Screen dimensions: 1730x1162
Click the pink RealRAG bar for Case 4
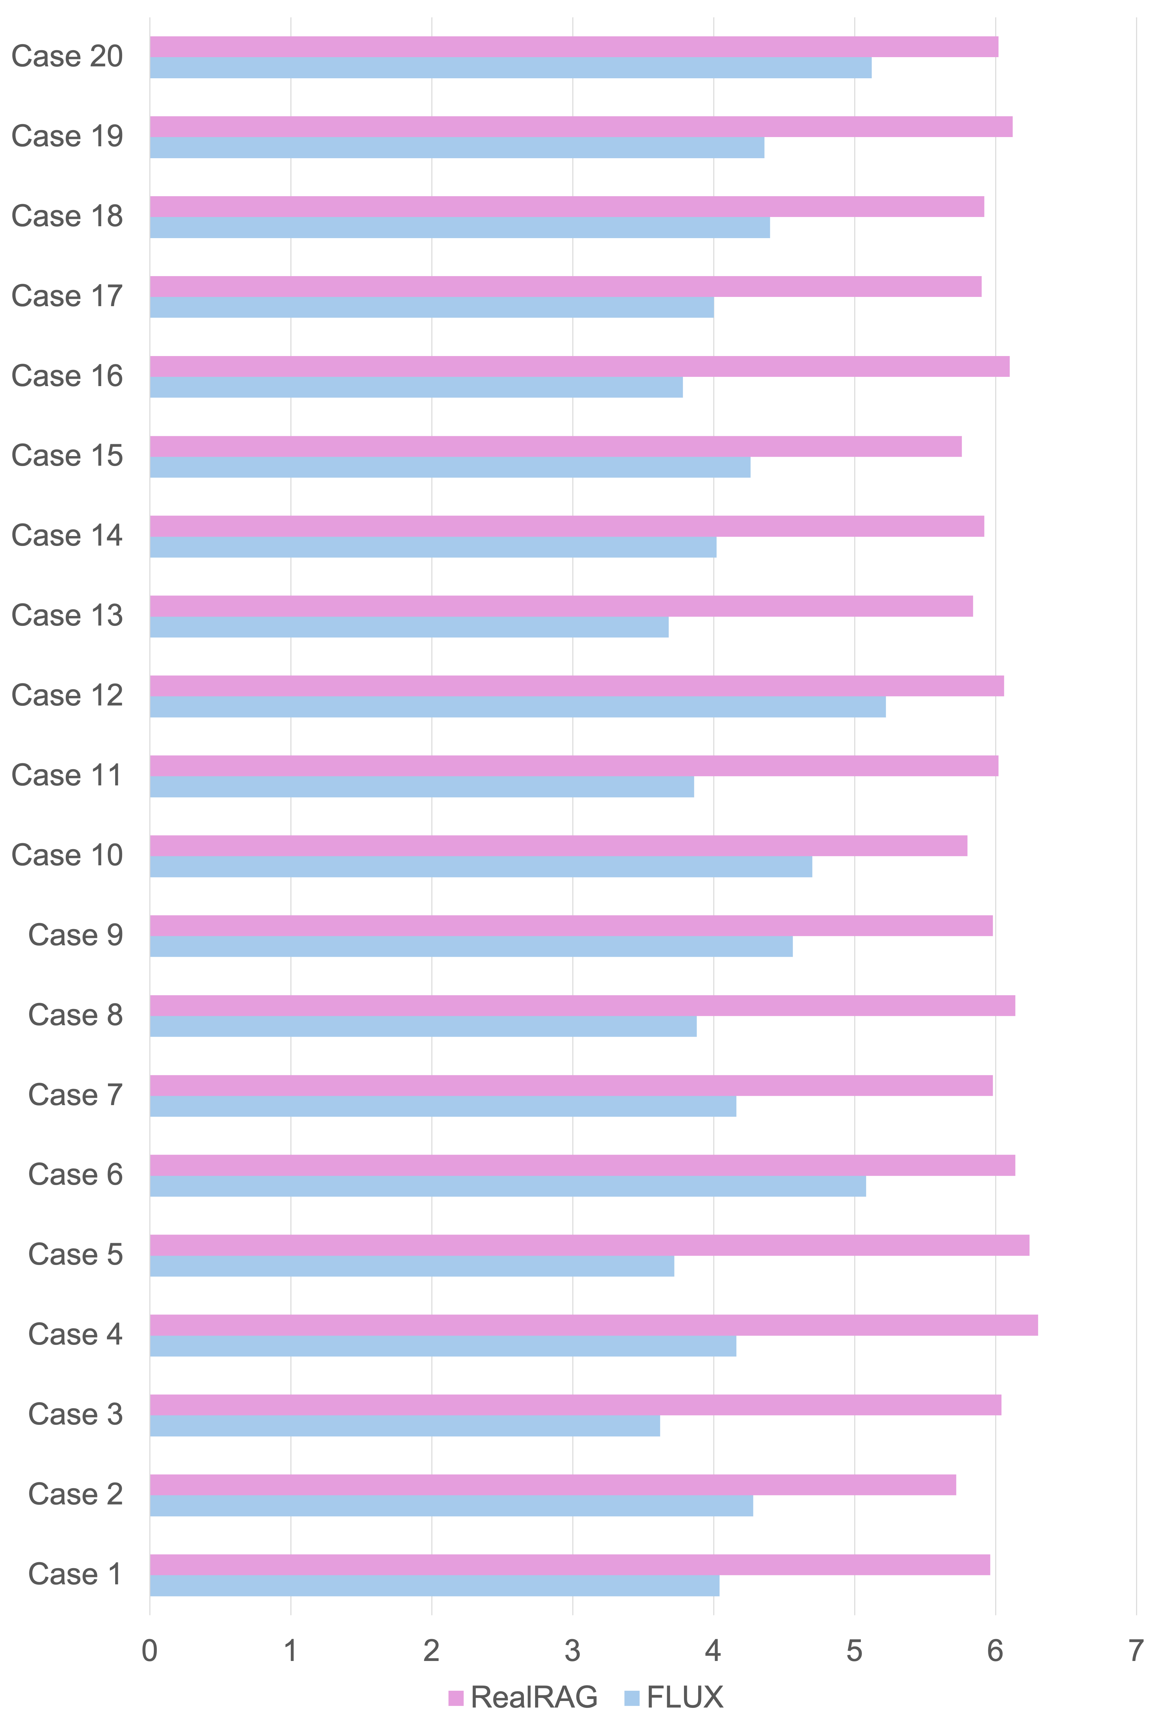click(x=593, y=1325)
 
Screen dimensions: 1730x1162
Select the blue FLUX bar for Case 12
click(x=517, y=707)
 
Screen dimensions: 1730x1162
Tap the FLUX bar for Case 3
click(x=405, y=1426)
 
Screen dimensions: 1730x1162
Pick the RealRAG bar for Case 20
click(x=574, y=47)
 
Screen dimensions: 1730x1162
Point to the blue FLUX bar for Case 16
click(x=416, y=387)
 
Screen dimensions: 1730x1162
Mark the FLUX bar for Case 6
click(x=508, y=1186)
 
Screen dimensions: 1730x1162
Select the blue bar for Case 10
click(x=480, y=866)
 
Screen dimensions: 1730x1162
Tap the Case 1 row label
click(x=75, y=1573)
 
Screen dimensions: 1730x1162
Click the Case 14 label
click(x=67, y=535)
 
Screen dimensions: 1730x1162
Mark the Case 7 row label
click(x=75, y=1095)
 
